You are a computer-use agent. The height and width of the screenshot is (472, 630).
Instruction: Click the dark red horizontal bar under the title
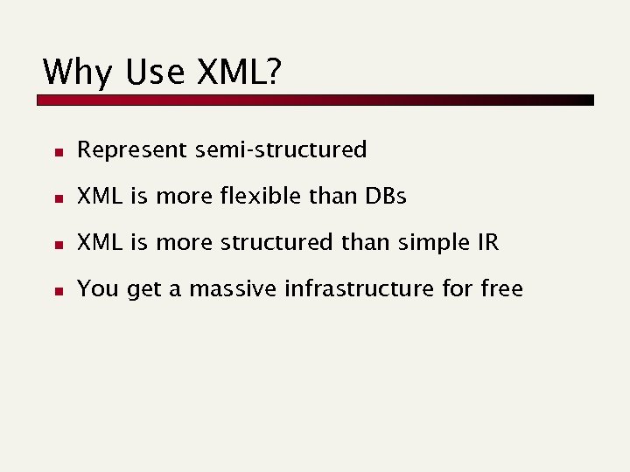(315, 101)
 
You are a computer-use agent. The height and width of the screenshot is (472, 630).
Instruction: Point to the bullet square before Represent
(57, 151)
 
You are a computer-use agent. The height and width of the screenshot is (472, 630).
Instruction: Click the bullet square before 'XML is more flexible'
(57, 198)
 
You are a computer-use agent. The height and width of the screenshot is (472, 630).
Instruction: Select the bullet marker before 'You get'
(57, 290)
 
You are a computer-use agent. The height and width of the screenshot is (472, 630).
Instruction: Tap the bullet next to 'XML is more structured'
(57, 244)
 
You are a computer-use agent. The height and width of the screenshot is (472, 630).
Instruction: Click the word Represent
(132, 150)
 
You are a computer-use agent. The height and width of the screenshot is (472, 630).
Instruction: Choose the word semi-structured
(281, 150)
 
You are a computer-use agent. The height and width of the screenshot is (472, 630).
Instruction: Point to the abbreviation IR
(486, 243)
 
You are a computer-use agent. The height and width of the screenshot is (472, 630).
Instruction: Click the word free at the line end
(501, 289)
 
